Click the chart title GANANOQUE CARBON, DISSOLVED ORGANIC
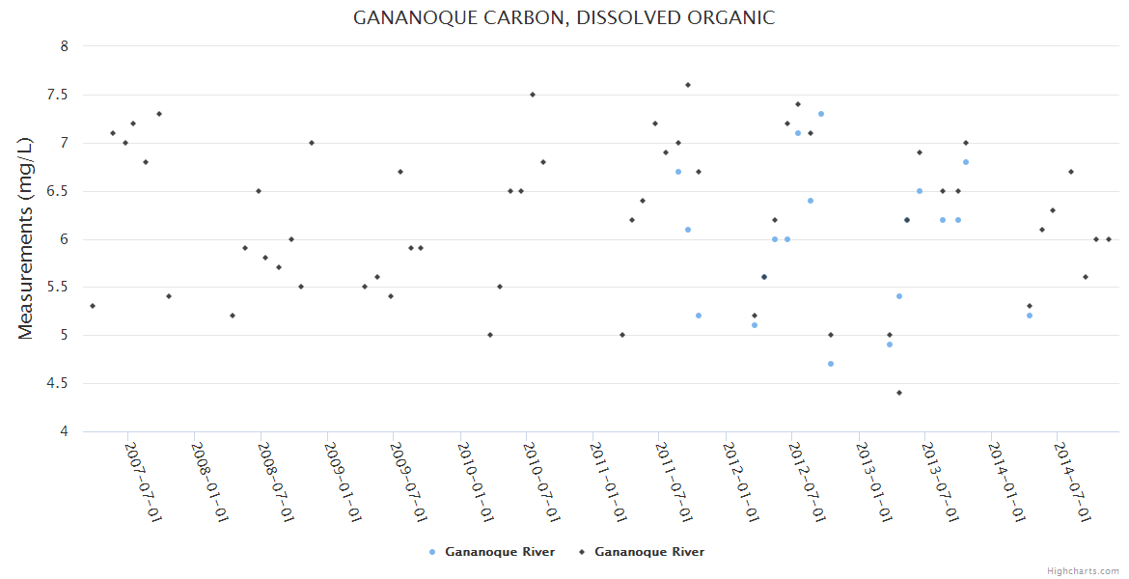point(564,18)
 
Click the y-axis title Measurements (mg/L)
point(26,238)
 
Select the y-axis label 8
point(64,46)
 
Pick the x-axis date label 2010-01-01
point(477,482)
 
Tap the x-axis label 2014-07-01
point(1073,482)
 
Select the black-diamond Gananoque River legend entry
point(642,552)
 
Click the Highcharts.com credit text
point(1083,570)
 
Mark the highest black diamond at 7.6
point(688,85)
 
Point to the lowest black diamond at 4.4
point(899,393)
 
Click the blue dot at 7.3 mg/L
point(821,114)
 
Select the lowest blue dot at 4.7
point(831,364)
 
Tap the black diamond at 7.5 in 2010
point(533,95)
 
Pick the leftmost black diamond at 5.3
point(93,306)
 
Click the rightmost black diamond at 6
point(1109,239)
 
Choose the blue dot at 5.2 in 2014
point(1030,316)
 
